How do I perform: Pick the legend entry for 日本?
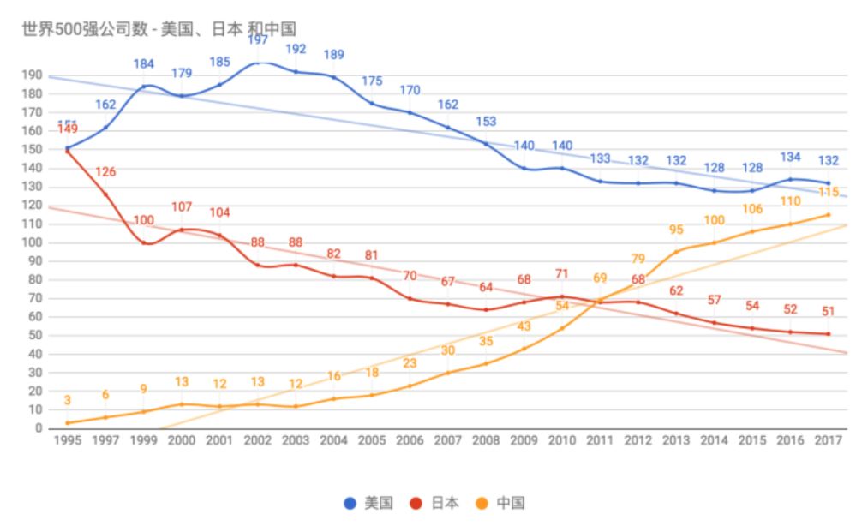click(x=434, y=503)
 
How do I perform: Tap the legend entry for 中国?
click(x=500, y=503)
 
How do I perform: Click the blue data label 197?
click(x=257, y=40)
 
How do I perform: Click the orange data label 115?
click(x=828, y=193)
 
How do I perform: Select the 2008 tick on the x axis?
click(x=485, y=439)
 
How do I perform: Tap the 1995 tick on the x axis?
click(x=67, y=439)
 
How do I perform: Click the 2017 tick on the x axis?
click(x=828, y=439)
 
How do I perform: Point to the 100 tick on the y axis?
click(x=33, y=242)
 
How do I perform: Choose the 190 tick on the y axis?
click(x=33, y=75)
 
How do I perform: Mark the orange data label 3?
click(x=67, y=401)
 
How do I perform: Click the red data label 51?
click(x=828, y=311)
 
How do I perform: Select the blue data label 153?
click(x=485, y=122)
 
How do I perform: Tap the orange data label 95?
click(x=676, y=230)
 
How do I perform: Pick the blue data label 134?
click(x=790, y=157)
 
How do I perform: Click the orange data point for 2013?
click(x=675, y=252)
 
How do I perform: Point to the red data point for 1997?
click(x=105, y=194)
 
